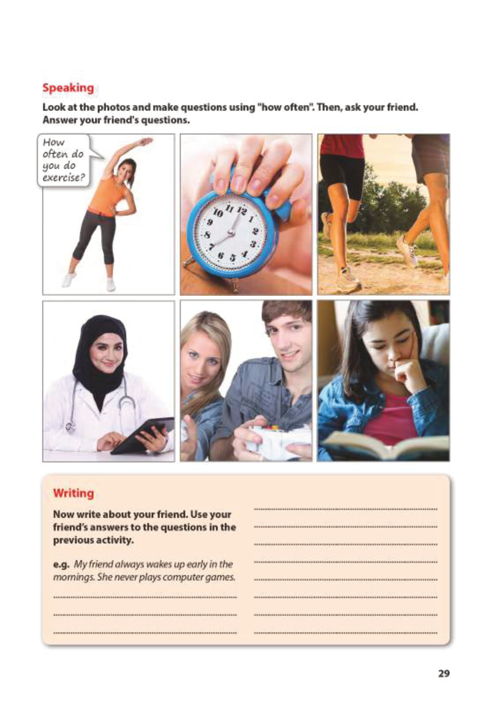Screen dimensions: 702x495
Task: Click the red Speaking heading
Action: point(68,88)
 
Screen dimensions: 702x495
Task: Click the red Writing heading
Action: point(73,493)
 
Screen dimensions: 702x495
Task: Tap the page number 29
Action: point(443,673)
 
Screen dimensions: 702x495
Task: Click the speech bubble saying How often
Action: point(63,160)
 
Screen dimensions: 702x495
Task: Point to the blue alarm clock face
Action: point(230,231)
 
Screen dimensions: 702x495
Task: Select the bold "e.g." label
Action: point(61,564)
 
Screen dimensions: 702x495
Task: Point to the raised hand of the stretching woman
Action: point(145,141)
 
